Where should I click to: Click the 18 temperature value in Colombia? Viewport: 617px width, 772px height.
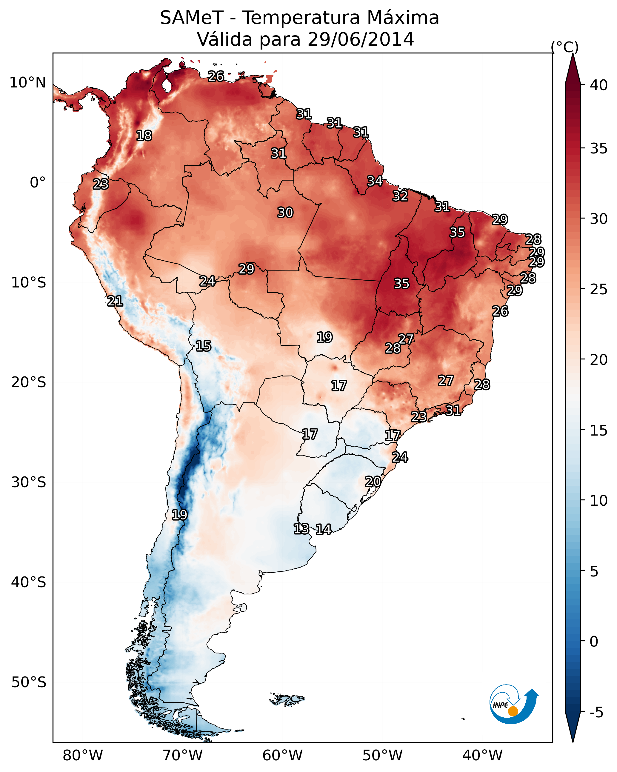point(144,136)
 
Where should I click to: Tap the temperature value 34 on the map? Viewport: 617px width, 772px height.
point(375,181)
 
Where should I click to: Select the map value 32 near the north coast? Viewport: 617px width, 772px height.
point(400,196)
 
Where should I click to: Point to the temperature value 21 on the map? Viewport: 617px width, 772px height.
point(115,301)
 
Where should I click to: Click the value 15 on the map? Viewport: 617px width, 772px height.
point(203,346)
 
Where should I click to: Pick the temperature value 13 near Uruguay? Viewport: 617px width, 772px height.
point(301,529)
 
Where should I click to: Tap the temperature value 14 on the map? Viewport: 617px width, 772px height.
point(323,529)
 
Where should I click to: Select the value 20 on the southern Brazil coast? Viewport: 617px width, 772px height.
point(373,482)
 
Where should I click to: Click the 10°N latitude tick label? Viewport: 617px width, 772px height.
point(27,83)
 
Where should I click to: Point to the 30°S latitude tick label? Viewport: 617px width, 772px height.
point(29,482)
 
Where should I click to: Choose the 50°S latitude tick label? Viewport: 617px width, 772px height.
point(29,682)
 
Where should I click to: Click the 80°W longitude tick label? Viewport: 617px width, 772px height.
point(83,755)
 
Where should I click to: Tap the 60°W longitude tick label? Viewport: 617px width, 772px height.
point(283,755)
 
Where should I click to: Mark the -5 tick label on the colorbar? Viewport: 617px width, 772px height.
point(596,712)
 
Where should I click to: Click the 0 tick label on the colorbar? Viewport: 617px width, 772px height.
point(594,642)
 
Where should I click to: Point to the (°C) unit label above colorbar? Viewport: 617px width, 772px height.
point(564,47)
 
